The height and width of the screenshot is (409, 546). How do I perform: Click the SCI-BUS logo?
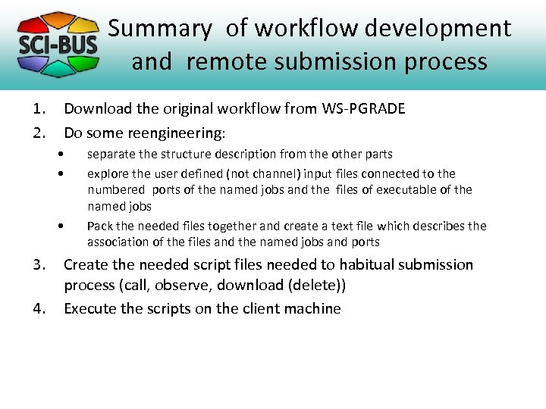point(58,44)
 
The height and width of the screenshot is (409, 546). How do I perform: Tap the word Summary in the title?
point(159,29)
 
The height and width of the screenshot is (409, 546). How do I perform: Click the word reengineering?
point(177,133)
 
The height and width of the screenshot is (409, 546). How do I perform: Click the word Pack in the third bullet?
point(99,226)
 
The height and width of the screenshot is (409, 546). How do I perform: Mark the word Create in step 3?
point(85,265)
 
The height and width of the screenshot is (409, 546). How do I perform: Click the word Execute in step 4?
point(89,309)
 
